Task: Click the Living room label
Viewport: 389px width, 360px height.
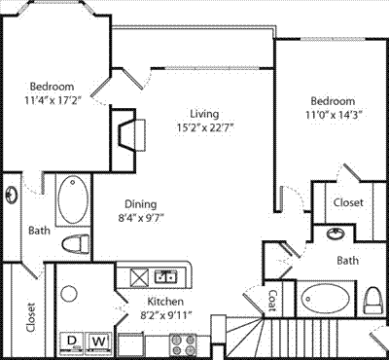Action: (x=204, y=114)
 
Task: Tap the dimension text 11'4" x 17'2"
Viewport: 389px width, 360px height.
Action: (x=53, y=100)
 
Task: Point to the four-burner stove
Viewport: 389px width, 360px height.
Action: (x=183, y=344)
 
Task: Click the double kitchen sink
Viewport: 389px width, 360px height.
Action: (x=166, y=276)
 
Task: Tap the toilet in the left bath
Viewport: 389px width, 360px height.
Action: (x=75, y=244)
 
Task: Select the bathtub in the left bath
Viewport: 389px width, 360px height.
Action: (x=73, y=199)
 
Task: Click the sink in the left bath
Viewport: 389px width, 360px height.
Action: (x=12, y=196)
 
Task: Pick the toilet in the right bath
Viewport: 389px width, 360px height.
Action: (x=373, y=300)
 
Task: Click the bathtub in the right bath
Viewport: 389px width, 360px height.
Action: (x=326, y=299)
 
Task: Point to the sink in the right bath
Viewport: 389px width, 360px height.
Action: (x=336, y=234)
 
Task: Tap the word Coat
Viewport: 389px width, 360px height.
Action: (x=273, y=300)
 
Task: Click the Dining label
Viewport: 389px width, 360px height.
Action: (x=141, y=204)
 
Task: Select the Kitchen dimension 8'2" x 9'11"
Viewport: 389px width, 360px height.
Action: (x=165, y=315)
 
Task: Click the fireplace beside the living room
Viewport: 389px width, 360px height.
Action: (x=128, y=135)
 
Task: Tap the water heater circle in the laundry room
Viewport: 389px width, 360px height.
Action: (x=69, y=294)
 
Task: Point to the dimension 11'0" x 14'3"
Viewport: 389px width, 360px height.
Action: (x=334, y=115)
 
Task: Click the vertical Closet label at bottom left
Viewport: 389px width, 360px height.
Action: (x=31, y=317)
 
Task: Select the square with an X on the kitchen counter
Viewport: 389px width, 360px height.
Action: (x=139, y=276)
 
